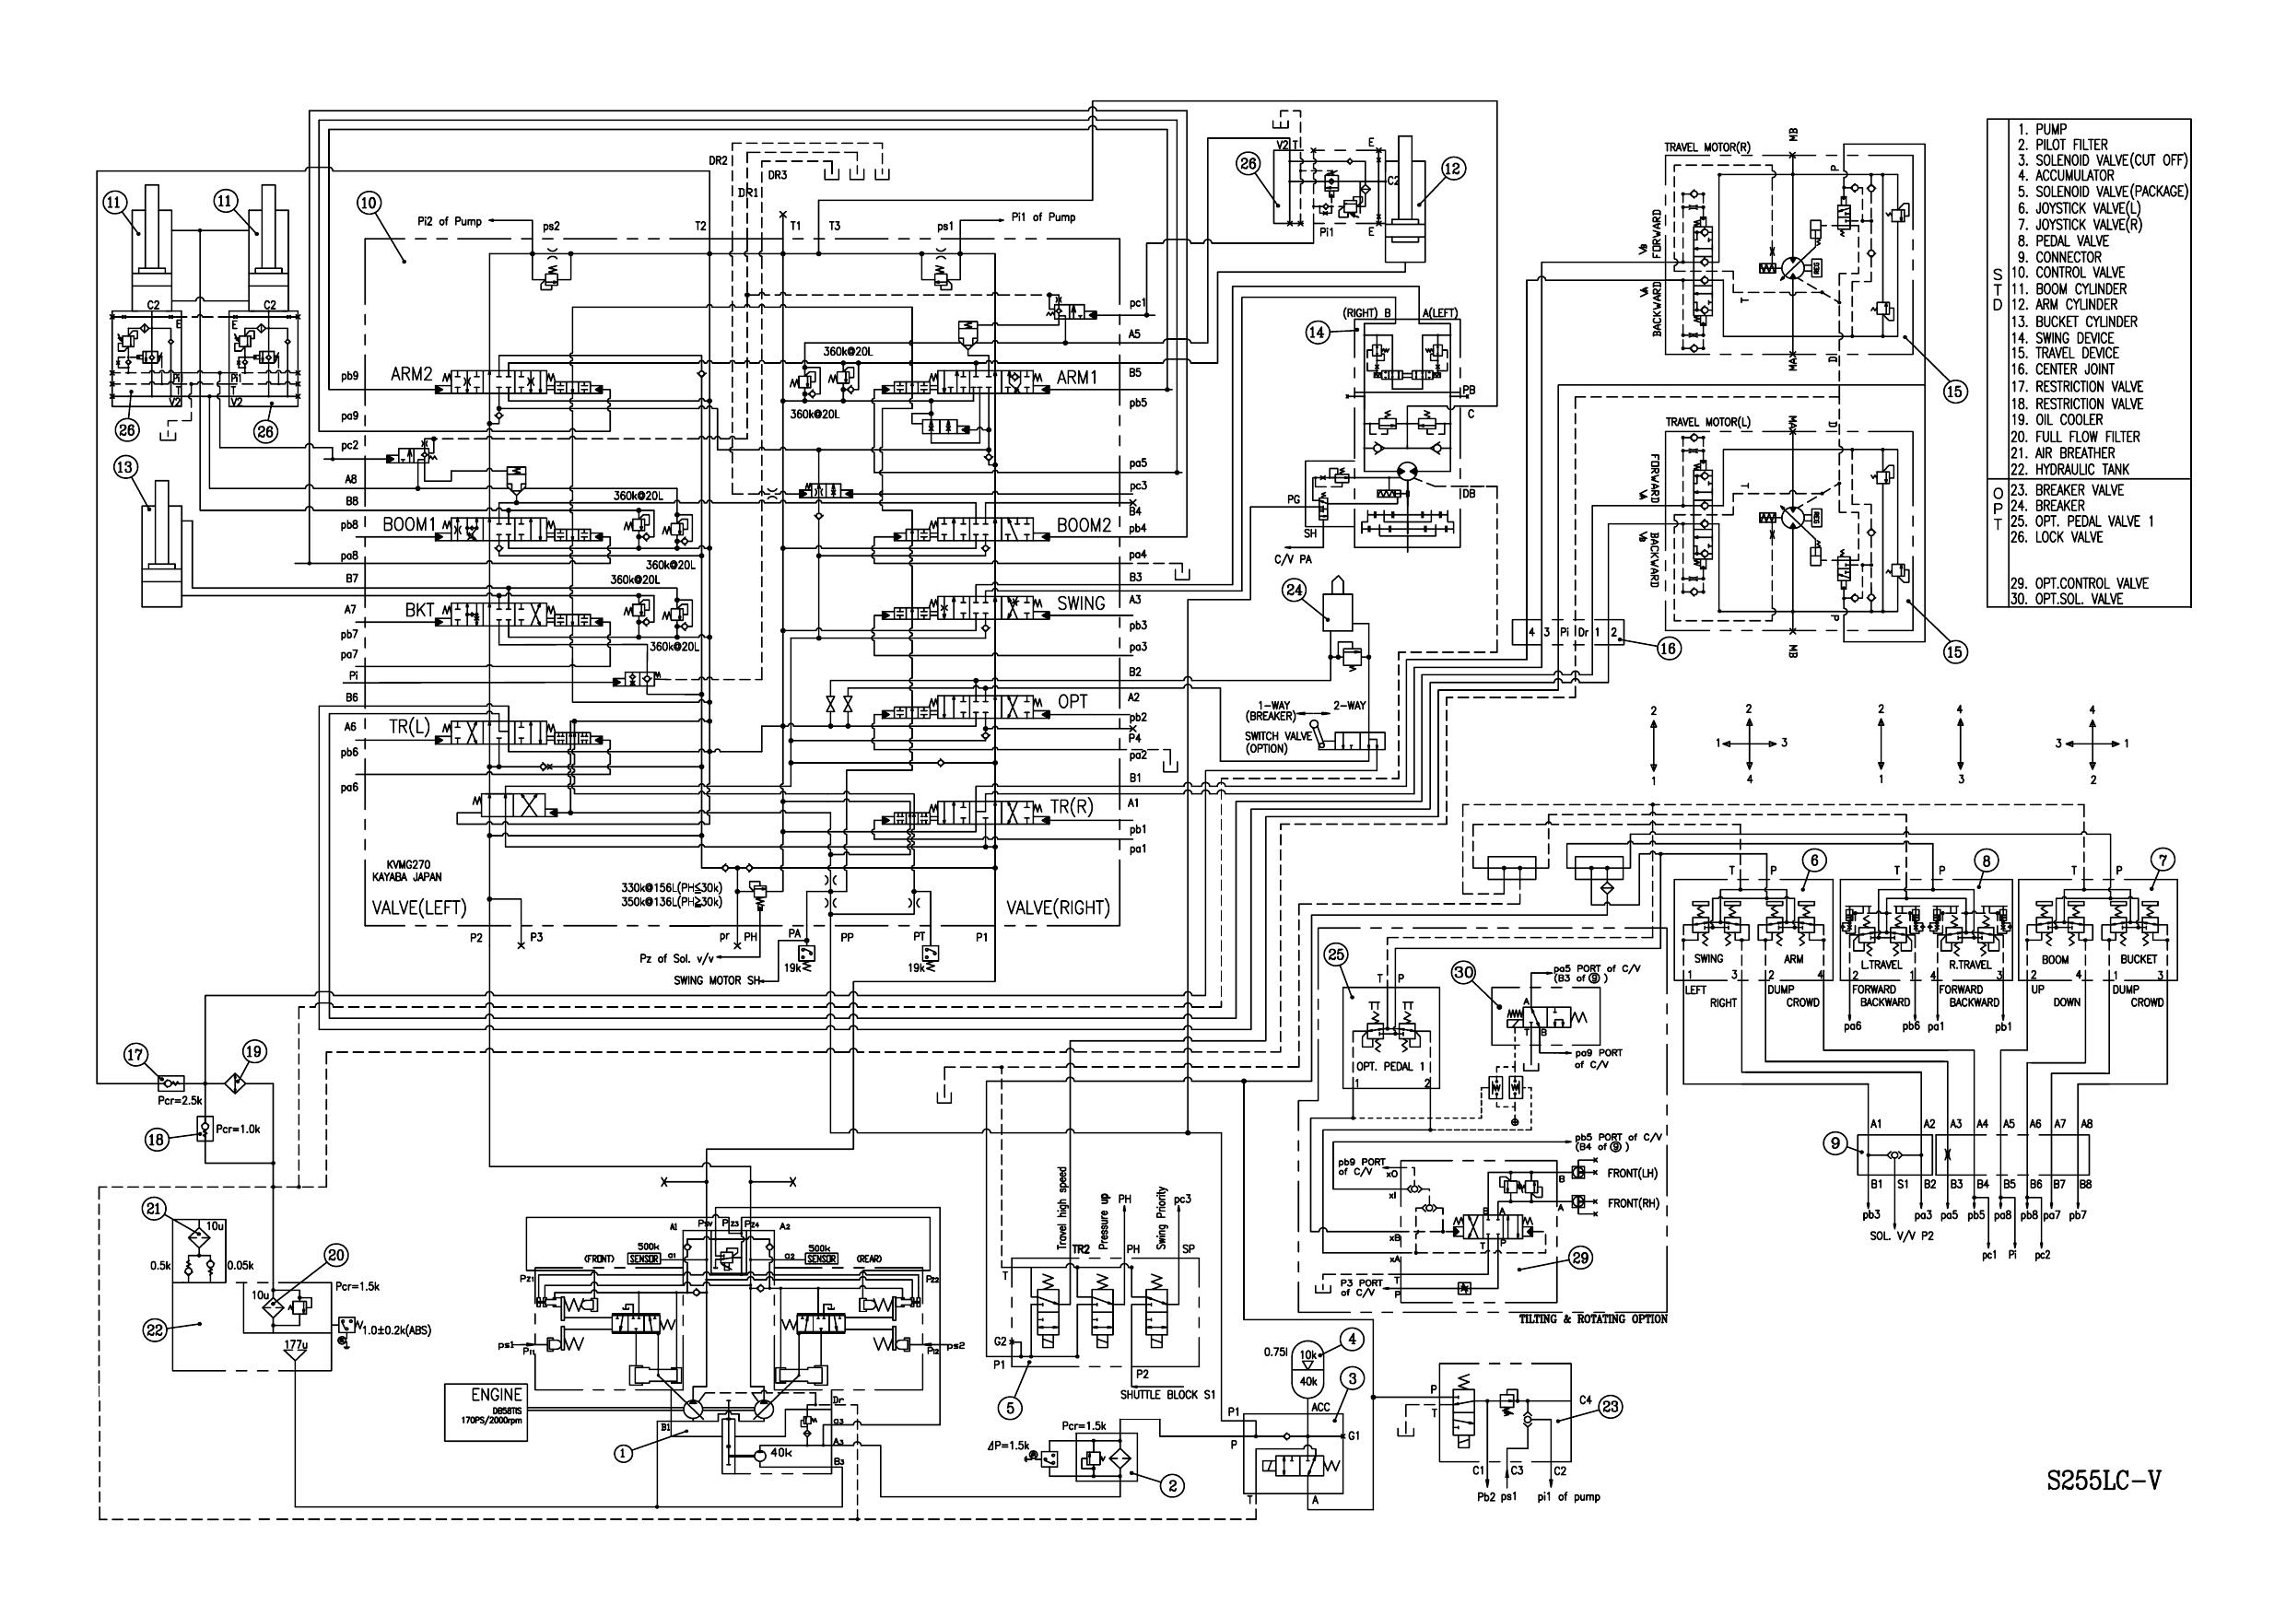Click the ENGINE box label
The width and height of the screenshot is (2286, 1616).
496,1395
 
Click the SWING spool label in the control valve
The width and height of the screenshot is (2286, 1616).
1080,603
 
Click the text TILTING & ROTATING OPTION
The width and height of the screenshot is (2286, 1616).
1593,1318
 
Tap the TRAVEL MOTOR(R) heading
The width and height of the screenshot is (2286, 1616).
1707,147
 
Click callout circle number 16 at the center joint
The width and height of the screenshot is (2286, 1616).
1669,649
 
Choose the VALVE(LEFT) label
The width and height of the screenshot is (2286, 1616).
419,908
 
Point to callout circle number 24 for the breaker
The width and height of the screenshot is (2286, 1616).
1295,590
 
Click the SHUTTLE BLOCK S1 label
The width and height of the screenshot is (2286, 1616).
1166,1395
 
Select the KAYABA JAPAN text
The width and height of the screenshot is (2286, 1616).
415,877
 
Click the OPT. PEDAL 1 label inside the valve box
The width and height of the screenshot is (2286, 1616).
1385,1068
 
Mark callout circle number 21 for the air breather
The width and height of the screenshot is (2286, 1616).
152,1209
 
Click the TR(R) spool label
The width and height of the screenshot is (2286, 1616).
1072,807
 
